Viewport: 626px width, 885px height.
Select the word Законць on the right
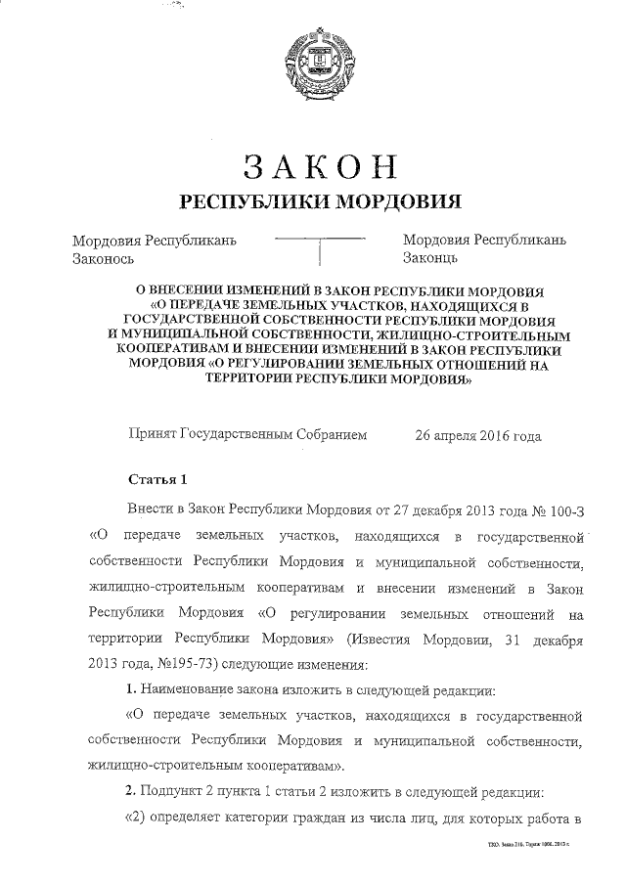pyautogui.click(x=429, y=259)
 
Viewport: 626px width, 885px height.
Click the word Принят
pyautogui.click(x=152, y=436)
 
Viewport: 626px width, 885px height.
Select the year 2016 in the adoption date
pyautogui.click(x=490, y=436)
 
